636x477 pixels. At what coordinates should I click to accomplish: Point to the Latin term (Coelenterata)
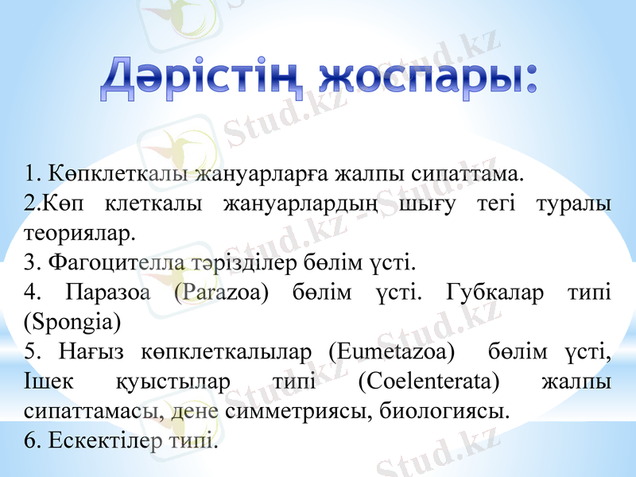coord(429,382)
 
